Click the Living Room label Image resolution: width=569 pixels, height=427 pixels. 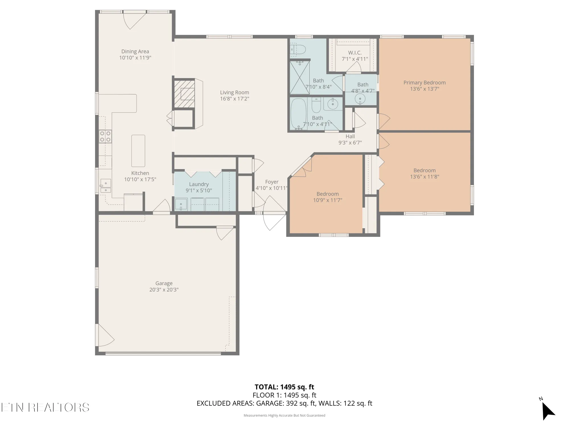tap(234, 93)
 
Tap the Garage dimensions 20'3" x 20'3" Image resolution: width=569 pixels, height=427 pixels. tap(164, 290)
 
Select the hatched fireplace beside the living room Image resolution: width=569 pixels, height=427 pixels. tap(184, 94)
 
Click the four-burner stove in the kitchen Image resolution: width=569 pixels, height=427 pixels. tap(105, 136)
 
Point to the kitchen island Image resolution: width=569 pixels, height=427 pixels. tap(138, 151)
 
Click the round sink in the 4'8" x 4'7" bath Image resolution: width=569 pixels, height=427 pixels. tap(360, 99)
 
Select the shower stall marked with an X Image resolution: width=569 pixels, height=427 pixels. tap(300, 77)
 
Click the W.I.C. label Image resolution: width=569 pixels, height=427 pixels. tap(355, 53)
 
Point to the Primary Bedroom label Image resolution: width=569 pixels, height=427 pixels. tap(424, 83)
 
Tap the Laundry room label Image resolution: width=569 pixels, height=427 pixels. tap(199, 184)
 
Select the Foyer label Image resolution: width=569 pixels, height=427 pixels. tap(272, 182)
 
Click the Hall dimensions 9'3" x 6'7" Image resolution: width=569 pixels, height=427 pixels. tap(350, 143)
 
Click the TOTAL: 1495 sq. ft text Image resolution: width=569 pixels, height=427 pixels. tap(284, 387)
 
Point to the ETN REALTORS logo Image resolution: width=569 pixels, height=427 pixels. tap(45, 407)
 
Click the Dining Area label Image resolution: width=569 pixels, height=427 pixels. tap(135, 52)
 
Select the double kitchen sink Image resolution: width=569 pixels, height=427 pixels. tap(106, 186)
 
